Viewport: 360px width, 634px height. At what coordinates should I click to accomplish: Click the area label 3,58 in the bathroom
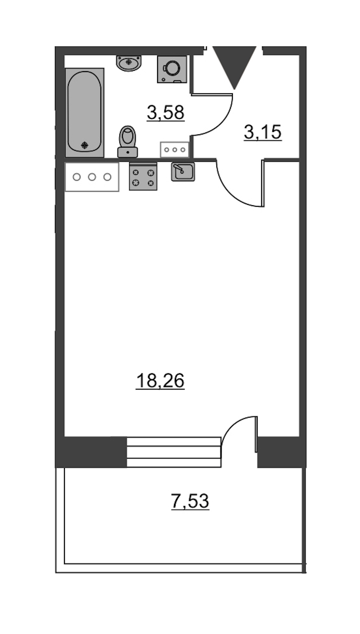[x=166, y=112]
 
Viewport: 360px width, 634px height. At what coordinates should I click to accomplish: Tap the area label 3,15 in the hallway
[x=263, y=132]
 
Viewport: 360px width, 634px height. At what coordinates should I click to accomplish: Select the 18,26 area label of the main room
[x=160, y=380]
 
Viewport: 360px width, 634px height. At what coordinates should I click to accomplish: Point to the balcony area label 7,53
[x=190, y=501]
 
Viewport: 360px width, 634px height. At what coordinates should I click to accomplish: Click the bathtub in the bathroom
[x=85, y=112]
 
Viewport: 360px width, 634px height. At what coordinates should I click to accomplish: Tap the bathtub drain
[x=85, y=145]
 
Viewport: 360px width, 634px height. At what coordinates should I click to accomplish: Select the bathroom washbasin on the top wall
[x=129, y=63]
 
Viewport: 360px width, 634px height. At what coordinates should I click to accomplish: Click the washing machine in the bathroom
[x=172, y=69]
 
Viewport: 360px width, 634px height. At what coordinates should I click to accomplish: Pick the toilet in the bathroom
[x=128, y=142]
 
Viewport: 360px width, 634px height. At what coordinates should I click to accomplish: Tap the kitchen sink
[x=183, y=172]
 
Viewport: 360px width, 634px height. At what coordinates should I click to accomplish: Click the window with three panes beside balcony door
[x=174, y=452]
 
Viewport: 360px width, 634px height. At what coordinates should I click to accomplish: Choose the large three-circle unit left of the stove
[x=92, y=177]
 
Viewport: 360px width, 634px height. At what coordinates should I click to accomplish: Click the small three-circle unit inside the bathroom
[x=175, y=150]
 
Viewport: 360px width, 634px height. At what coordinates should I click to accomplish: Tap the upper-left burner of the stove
[x=136, y=172]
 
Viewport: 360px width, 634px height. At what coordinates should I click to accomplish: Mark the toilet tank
[x=128, y=152]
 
